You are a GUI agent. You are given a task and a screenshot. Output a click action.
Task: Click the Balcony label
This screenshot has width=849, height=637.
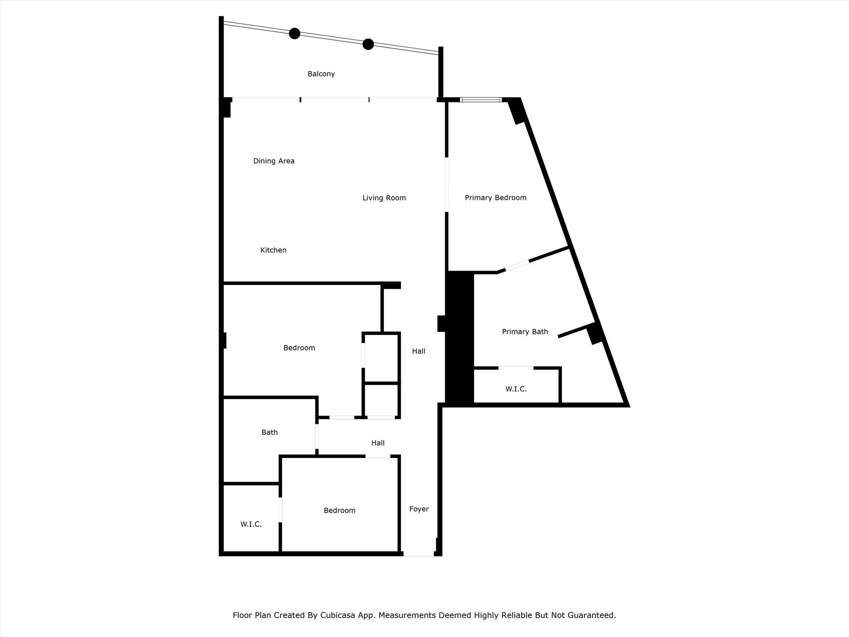click(321, 74)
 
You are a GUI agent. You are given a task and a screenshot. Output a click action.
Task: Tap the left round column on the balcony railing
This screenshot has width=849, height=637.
click(294, 33)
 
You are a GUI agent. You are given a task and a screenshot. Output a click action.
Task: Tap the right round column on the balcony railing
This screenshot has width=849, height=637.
click(368, 44)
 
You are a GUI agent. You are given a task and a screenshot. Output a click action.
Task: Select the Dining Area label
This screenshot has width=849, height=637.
click(274, 161)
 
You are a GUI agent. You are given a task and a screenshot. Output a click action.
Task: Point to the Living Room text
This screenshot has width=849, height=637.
click(384, 198)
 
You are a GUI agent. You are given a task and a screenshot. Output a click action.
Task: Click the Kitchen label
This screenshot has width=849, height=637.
click(273, 250)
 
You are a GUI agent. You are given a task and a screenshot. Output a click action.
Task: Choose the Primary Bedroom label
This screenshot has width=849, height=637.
click(495, 198)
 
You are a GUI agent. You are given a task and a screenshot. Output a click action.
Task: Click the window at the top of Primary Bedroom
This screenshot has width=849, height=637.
click(481, 100)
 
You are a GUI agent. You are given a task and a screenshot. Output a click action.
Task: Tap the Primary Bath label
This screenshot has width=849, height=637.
click(525, 332)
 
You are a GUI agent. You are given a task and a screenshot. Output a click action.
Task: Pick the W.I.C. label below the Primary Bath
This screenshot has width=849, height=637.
click(516, 389)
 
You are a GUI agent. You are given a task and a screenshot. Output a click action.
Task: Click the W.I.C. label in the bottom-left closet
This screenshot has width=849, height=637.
click(251, 524)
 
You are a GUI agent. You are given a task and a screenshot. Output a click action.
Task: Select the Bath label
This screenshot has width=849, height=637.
click(269, 432)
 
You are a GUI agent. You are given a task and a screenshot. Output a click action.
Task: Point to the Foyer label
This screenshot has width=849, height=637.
click(419, 509)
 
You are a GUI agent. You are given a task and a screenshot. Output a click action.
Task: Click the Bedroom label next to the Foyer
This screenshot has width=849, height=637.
click(340, 511)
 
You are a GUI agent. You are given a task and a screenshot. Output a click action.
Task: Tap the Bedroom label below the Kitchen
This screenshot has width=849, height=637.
click(299, 348)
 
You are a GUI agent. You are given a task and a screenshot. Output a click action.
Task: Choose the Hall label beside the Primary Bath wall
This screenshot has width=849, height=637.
click(418, 351)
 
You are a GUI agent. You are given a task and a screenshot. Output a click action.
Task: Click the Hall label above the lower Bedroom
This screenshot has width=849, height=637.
click(378, 443)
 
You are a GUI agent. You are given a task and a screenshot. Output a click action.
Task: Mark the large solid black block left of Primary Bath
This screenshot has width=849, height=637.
click(459, 338)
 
